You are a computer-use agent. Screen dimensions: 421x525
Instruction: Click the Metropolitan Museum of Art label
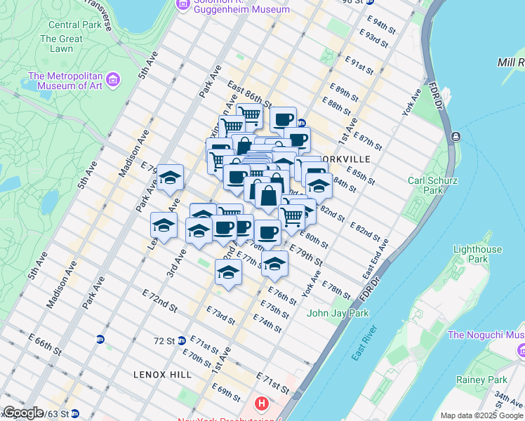coord(65,81)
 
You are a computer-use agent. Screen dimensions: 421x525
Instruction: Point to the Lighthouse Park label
coord(477,254)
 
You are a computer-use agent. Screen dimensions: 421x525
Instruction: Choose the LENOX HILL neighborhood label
coord(162,375)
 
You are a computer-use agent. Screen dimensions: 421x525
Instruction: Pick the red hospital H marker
coord(262,403)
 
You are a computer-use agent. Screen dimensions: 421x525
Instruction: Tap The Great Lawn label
coord(66,44)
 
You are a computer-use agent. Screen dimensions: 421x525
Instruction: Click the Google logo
coord(22,413)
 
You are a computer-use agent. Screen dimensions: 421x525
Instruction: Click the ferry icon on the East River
coord(457,135)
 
